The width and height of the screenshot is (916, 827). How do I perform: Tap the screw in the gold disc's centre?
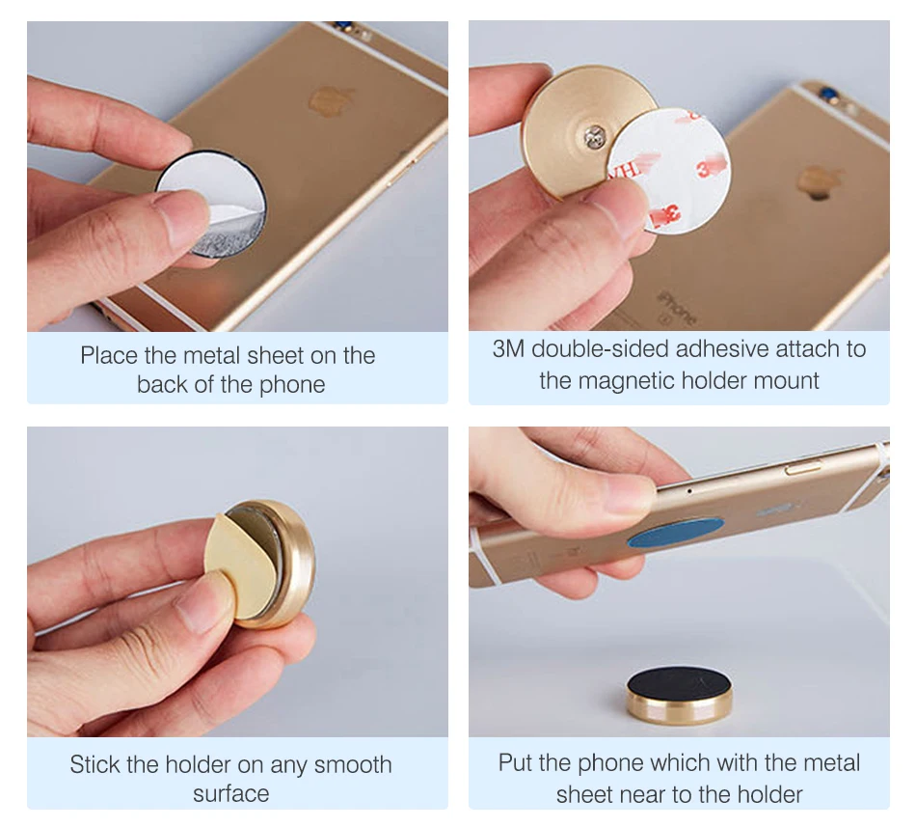point(595,137)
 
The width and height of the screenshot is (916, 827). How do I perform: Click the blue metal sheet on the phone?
point(675,532)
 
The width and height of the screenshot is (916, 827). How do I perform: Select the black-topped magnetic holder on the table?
point(679,695)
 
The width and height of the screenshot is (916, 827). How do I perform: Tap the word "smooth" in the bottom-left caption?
point(352,764)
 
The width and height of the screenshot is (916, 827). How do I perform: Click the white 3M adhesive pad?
point(671,170)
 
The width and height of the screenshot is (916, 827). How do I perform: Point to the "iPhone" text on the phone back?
point(677,308)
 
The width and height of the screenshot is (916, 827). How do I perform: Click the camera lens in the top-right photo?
point(828,92)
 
